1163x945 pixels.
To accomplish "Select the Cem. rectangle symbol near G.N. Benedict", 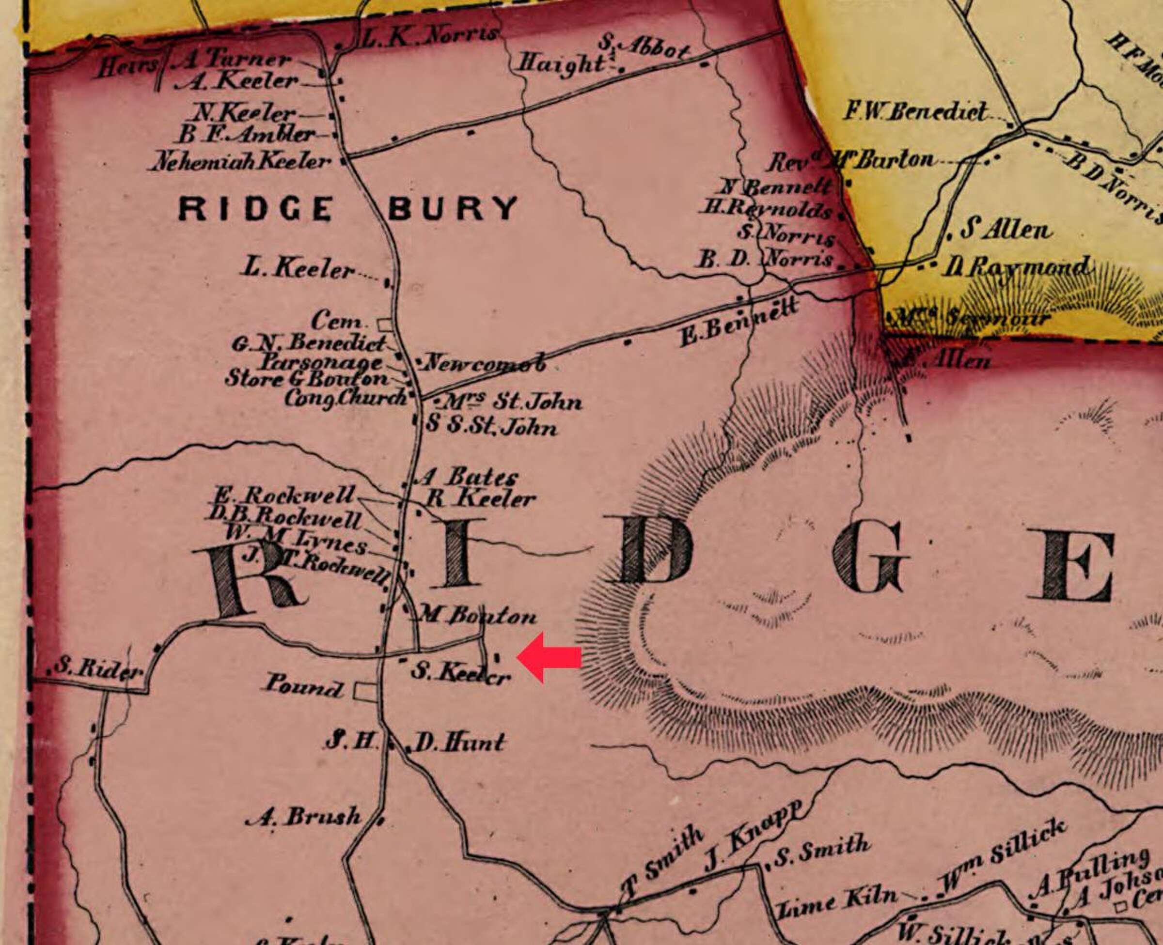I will pos(386,324).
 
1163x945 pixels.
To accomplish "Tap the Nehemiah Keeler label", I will pos(242,162).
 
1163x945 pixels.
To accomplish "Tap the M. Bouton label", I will pos(477,616).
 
